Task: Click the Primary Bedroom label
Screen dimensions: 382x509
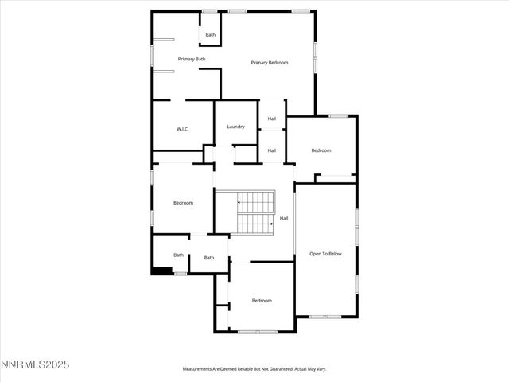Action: tap(269, 63)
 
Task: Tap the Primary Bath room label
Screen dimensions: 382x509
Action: tap(192, 59)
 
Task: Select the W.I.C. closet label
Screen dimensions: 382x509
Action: tap(182, 129)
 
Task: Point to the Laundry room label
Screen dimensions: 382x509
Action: tap(235, 127)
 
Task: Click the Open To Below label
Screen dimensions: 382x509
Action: tap(325, 254)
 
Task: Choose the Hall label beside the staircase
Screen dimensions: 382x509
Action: tap(284, 218)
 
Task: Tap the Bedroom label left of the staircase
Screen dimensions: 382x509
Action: tap(184, 203)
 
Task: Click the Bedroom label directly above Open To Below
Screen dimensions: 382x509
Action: tap(321, 150)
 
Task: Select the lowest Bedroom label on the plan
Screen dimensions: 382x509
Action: tap(262, 300)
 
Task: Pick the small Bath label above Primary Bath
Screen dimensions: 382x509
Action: tap(210, 35)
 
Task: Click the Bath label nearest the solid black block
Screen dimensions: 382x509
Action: tap(179, 255)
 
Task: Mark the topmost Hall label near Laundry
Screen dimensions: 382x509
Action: tap(272, 119)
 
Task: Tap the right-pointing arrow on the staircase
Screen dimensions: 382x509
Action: tap(270, 224)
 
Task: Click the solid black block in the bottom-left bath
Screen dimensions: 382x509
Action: tap(161, 271)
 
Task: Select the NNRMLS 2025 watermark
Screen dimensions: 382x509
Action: tap(36, 364)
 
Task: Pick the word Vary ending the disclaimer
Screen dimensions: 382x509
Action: tap(321, 369)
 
